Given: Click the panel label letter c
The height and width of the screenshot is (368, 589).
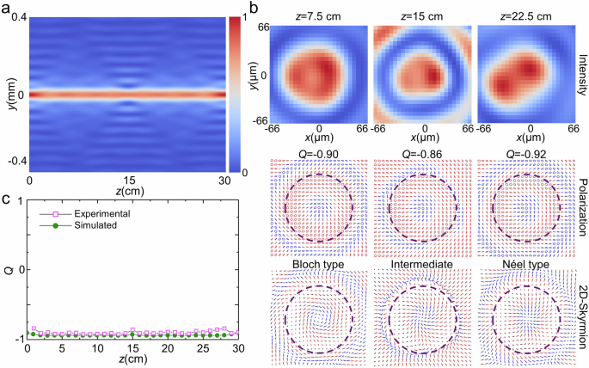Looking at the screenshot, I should point(5,201).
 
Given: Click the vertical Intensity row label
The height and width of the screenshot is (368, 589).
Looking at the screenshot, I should point(582,73).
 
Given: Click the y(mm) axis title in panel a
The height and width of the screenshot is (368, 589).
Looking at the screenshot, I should point(10,92).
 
